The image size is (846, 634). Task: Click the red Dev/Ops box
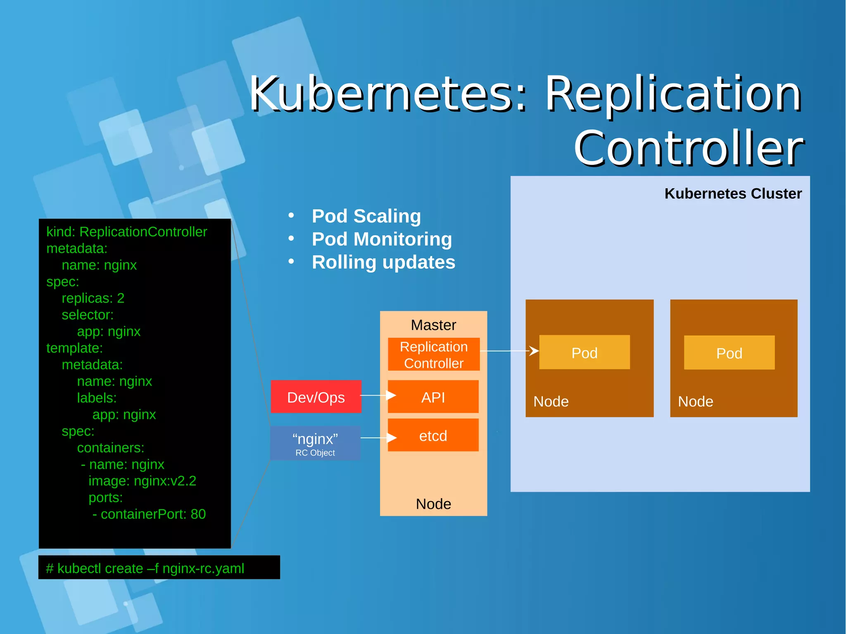[316, 397]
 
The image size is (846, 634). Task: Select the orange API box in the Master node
[433, 397]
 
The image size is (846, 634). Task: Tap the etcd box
[433, 435]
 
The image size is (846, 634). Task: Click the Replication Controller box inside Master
[434, 354]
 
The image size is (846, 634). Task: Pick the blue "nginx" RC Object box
[315, 443]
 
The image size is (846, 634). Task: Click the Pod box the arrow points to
[585, 352]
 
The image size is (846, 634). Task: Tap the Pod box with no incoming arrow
[729, 353]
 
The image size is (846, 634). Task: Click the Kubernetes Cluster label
[733, 193]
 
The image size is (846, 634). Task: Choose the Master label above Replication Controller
[433, 325]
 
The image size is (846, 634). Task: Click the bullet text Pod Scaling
[366, 216]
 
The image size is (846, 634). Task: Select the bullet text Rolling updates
[383, 262]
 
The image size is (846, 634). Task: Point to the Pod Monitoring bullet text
[382, 239]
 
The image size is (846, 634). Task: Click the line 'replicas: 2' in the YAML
[93, 298]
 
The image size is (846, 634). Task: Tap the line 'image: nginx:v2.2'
[142, 481]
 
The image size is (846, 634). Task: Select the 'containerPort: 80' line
[153, 514]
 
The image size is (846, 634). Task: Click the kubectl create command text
[145, 568]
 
